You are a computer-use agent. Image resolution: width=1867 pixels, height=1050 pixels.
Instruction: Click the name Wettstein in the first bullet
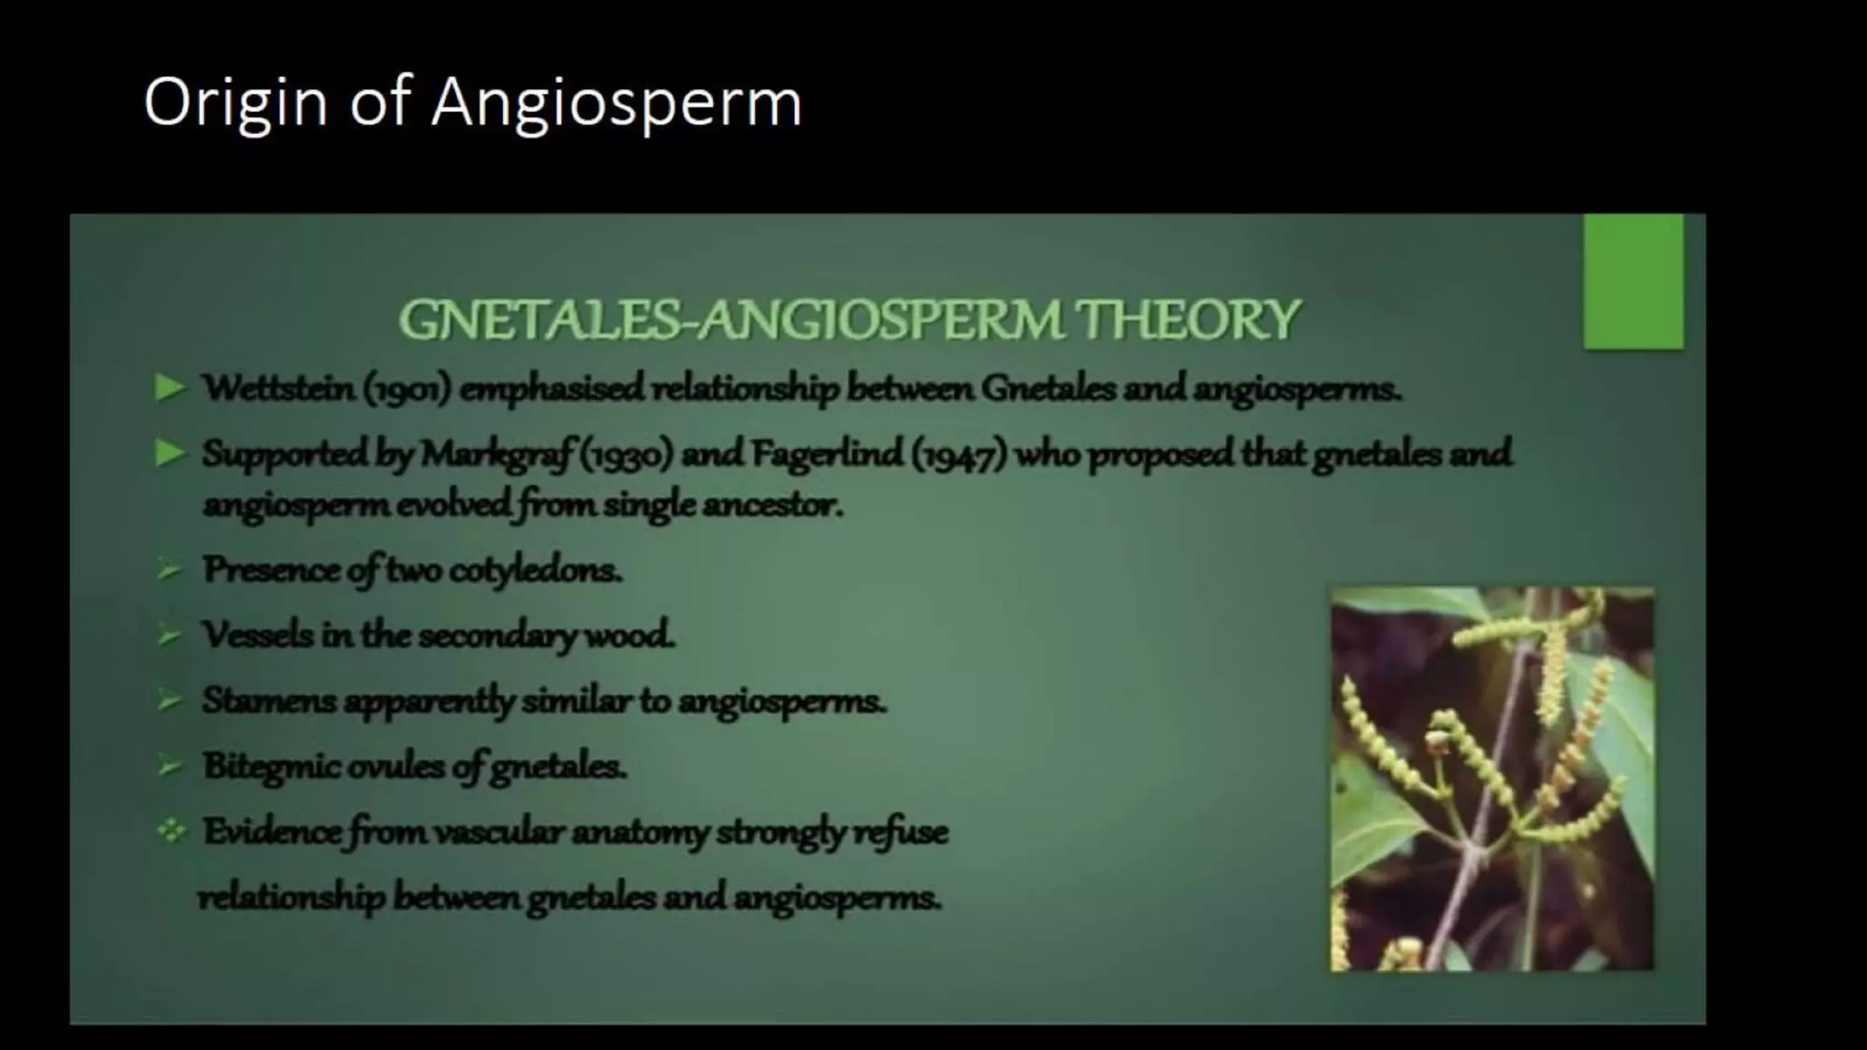point(278,388)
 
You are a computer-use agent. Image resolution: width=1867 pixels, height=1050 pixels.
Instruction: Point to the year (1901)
point(407,389)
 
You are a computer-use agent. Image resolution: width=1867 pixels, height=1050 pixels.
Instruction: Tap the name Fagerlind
point(827,453)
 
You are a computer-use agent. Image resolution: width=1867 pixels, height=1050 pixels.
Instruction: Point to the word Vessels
point(257,634)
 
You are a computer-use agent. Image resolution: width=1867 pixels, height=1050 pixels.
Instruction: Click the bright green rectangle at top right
point(1633,281)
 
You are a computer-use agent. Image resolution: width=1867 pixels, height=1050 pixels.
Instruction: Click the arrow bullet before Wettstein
point(170,388)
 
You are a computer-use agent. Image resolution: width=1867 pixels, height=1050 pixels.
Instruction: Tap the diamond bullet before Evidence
point(170,830)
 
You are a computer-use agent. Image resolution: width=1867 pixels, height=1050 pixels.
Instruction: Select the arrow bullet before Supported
point(170,453)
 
